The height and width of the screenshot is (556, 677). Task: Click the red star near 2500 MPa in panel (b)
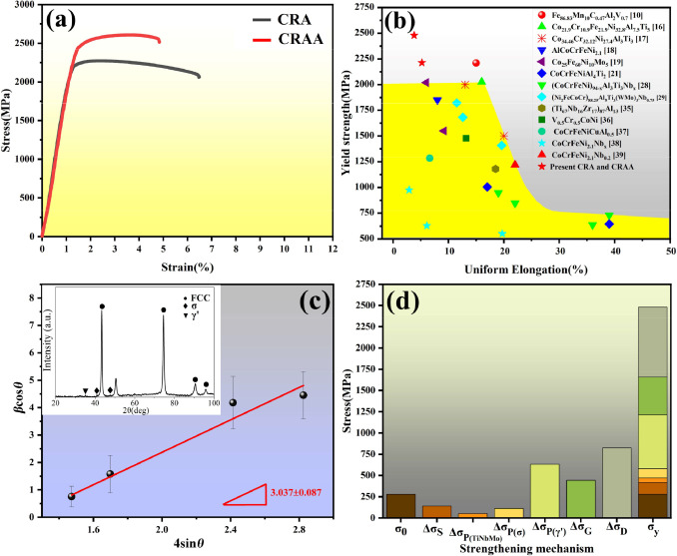[x=413, y=35]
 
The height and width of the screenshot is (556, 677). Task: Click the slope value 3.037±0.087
[x=300, y=492]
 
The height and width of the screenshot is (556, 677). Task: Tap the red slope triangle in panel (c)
[x=241, y=496]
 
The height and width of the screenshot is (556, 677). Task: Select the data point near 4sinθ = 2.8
[x=304, y=395]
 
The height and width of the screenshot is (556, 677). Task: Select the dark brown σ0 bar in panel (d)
[x=372, y=506]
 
